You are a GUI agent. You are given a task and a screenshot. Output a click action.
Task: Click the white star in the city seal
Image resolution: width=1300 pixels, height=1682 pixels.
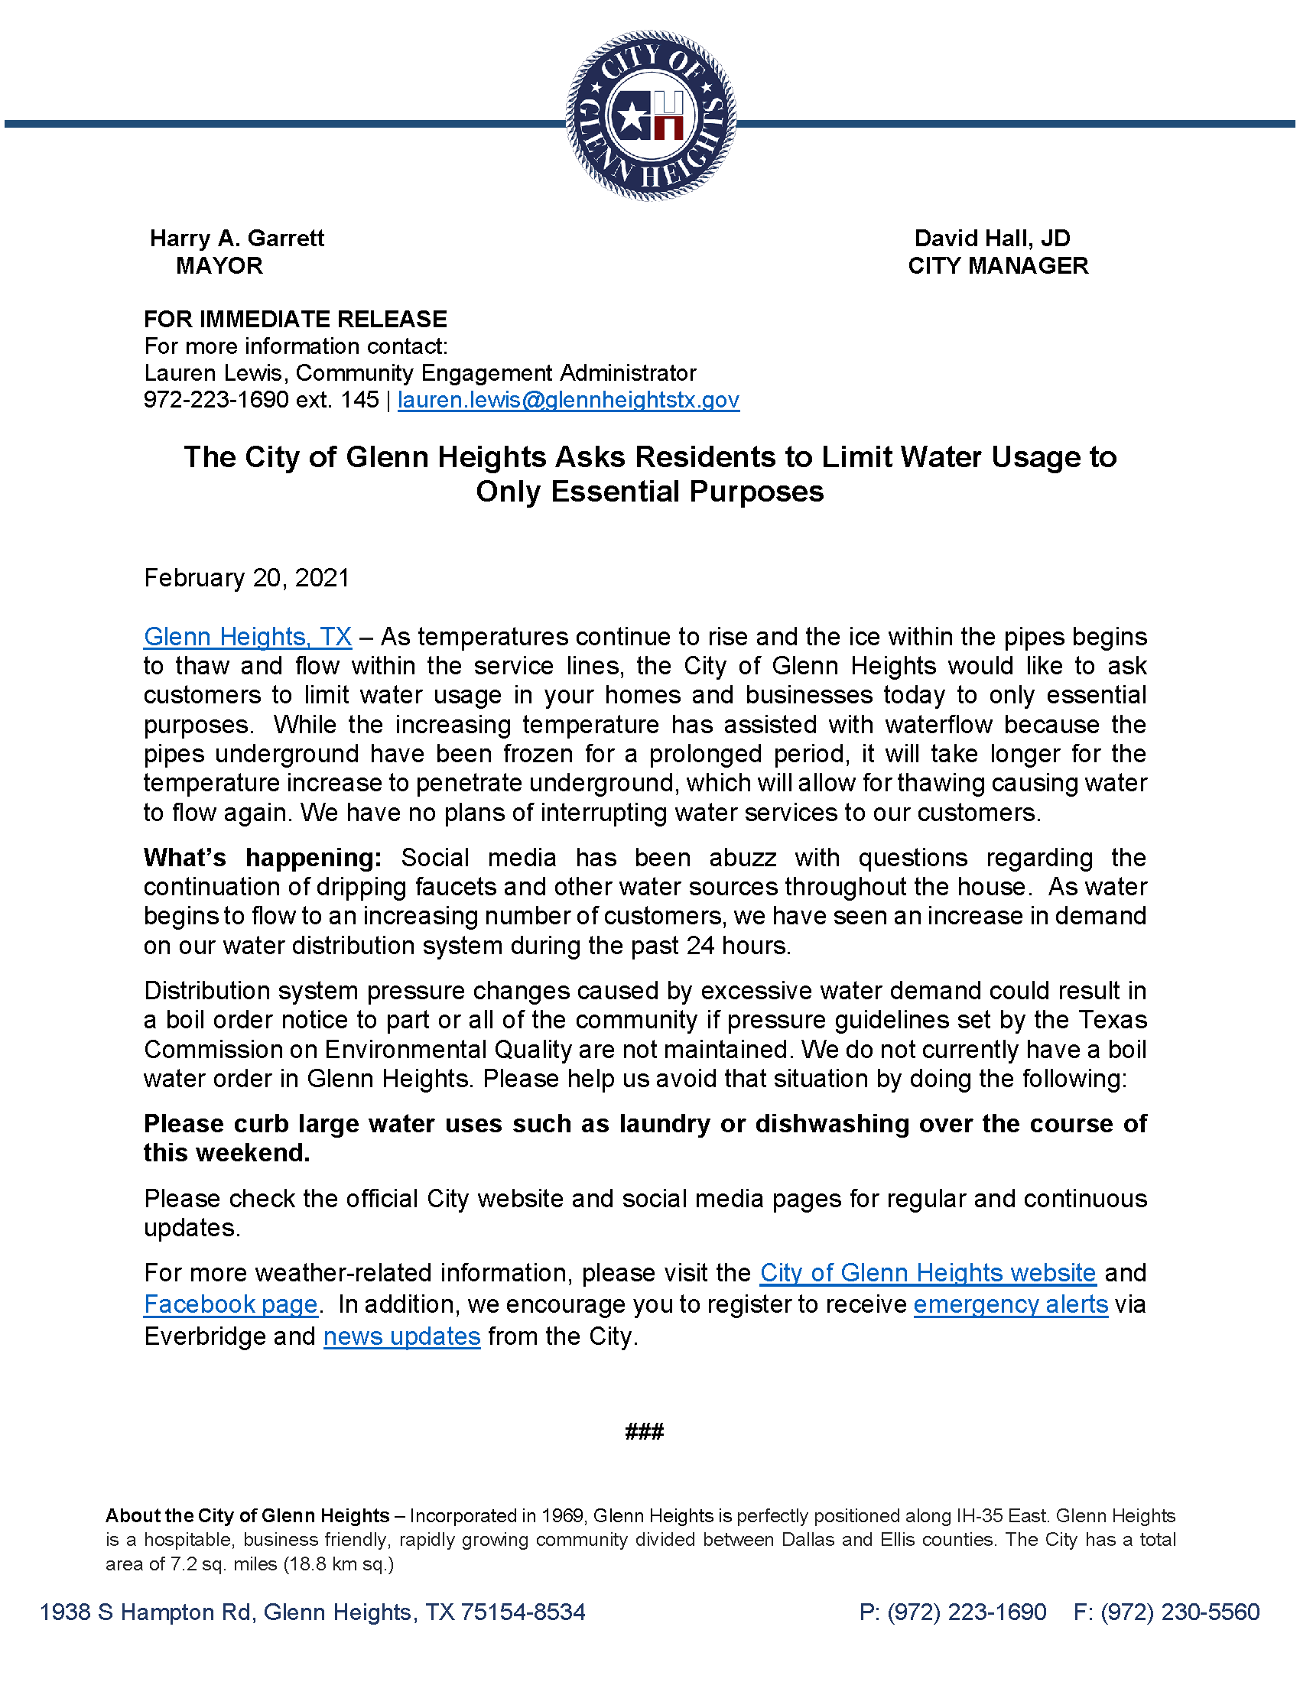point(631,117)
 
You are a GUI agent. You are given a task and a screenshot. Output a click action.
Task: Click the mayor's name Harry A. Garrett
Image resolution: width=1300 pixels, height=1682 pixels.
point(236,239)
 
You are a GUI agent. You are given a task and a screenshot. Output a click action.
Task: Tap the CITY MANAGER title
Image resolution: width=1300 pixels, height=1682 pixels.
point(997,266)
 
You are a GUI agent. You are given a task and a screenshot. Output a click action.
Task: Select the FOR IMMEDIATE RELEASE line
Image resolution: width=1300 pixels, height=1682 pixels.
point(295,320)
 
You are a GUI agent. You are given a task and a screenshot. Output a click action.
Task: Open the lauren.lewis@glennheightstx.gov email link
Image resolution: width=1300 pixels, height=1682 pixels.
point(568,400)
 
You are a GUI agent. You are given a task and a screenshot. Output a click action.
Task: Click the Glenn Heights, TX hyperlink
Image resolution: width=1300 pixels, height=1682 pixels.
point(247,637)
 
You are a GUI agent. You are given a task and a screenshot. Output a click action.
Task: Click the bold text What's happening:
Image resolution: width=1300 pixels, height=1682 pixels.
point(262,858)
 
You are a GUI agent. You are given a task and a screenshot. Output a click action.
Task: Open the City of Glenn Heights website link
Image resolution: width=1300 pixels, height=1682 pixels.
point(928,1273)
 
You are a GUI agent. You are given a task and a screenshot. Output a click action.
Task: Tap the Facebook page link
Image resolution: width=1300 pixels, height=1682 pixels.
point(230,1304)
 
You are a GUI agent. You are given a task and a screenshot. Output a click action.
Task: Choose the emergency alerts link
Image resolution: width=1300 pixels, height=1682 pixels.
point(1010,1304)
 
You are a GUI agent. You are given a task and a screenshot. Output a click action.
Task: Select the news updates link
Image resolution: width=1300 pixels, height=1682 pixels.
point(401,1336)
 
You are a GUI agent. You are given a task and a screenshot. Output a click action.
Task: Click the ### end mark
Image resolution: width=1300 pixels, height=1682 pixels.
point(645,1431)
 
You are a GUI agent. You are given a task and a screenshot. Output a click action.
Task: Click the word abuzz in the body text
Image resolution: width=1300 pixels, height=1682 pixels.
point(743,858)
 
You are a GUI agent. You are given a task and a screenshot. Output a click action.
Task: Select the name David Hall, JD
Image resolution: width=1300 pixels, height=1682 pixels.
point(992,239)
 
